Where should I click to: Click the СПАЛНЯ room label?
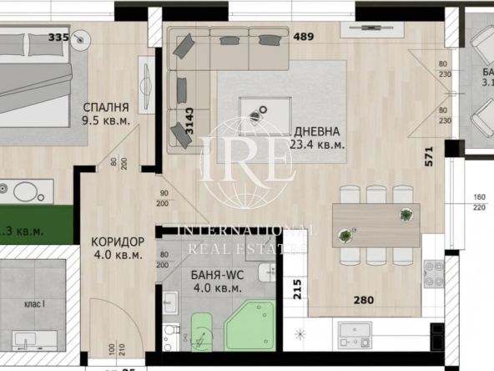pyautogui.click(x=105, y=108)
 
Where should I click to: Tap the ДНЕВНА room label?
pyautogui.click(x=316, y=131)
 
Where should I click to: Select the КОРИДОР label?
pyautogui.click(x=118, y=242)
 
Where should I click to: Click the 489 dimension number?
pyautogui.click(x=305, y=37)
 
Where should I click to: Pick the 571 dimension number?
pyautogui.click(x=429, y=158)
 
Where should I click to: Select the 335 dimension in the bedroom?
pyautogui.click(x=58, y=37)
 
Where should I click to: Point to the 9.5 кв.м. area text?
pyautogui.click(x=105, y=120)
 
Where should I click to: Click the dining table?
pyautogui.click(x=376, y=224)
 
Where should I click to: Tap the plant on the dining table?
pyautogui.click(x=406, y=215)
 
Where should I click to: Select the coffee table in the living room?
pyautogui.click(x=265, y=112)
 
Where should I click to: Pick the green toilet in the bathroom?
pyautogui.click(x=203, y=331)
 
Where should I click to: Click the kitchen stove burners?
pyautogui.click(x=434, y=272)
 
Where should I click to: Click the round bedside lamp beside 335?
pyautogui.click(x=81, y=38)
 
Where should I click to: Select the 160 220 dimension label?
pyautogui.click(x=479, y=204)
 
